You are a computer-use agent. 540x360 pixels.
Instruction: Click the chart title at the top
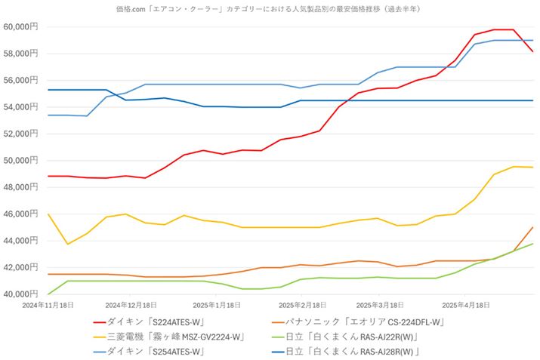click(x=269, y=8)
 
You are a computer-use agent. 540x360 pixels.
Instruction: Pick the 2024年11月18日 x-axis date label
click(x=48, y=305)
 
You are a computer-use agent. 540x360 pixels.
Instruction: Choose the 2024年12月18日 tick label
click(x=131, y=305)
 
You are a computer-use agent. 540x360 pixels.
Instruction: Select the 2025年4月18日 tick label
click(x=465, y=305)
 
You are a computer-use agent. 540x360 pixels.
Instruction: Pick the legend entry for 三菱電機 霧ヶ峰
click(x=171, y=337)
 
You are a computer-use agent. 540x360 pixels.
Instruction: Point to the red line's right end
click(x=533, y=51)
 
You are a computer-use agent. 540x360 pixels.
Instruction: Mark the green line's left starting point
click(x=48, y=294)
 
